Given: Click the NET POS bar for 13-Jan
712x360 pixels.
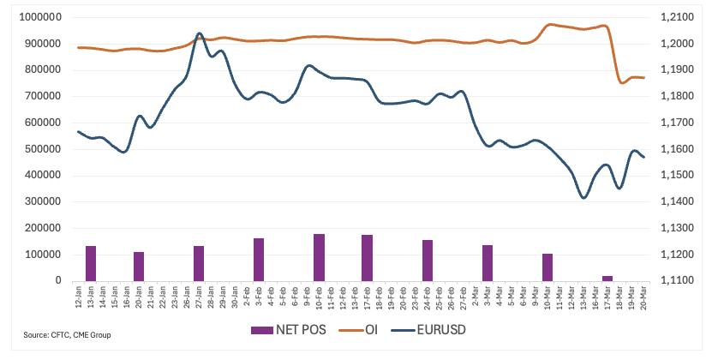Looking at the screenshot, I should [91, 263].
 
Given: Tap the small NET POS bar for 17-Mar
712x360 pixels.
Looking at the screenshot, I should [607, 278].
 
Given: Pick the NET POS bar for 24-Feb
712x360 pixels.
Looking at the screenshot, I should [428, 260].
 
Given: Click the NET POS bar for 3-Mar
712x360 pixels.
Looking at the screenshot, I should [488, 262].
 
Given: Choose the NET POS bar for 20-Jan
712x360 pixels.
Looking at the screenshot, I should [139, 266].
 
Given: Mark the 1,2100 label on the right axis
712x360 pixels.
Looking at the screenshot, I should [674, 17].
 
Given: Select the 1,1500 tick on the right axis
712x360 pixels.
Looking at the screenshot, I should [674, 176].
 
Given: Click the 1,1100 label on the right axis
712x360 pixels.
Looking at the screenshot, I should [674, 281].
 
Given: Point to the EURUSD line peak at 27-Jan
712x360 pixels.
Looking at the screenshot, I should [200, 33].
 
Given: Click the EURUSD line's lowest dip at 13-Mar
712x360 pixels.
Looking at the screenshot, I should [583, 198].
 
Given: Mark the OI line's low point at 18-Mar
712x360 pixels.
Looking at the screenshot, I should [622, 82].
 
